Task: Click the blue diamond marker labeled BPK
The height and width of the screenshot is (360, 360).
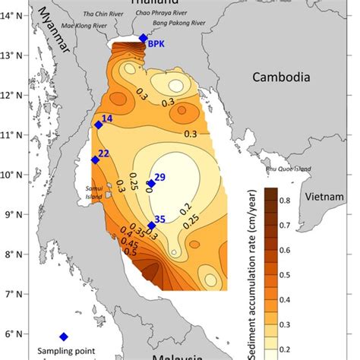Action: (144, 38)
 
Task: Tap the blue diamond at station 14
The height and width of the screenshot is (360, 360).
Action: (98, 125)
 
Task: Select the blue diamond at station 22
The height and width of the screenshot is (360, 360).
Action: (95, 159)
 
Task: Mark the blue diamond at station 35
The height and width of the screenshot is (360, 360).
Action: (152, 226)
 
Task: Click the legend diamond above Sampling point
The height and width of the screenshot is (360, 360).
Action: (64, 336)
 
